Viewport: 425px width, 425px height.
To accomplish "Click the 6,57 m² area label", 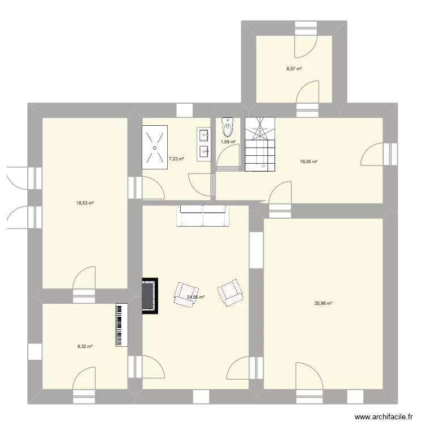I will coord(294,69).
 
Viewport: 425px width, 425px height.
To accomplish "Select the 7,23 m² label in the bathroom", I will coord(176,159).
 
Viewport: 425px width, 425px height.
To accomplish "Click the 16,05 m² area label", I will coord(309,161).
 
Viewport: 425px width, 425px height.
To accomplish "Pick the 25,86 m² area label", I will coord(323,303).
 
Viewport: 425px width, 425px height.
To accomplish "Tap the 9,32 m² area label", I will coord(85,346).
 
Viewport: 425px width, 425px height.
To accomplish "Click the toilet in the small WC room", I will coord(228,127).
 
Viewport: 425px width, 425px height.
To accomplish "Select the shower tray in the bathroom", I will coord(154,147).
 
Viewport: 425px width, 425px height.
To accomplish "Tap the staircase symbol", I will coord(260,144).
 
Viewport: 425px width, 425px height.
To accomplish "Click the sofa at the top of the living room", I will coord(203,216).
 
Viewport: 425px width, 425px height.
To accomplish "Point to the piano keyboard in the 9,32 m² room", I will coord(119,326).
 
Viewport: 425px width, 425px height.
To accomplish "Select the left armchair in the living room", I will coord(185,294).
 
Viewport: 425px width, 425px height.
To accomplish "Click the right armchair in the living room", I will coord(231,292).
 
